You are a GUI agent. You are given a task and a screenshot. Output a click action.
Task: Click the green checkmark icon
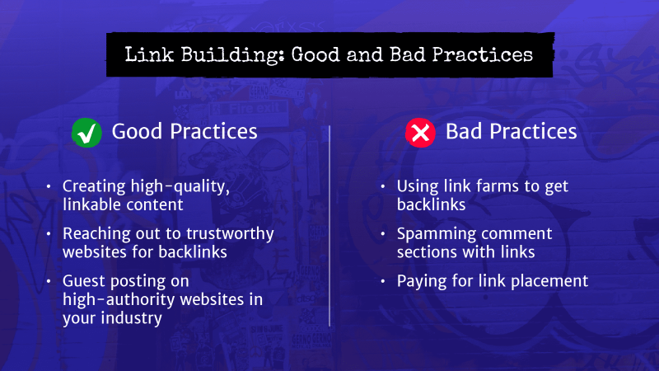86,132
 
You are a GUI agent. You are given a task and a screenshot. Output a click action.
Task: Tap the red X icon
420,132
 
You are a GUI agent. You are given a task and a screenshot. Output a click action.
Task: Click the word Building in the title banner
216,55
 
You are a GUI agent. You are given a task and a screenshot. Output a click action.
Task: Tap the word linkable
93,203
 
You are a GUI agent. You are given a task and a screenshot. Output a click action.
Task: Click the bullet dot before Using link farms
385,187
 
